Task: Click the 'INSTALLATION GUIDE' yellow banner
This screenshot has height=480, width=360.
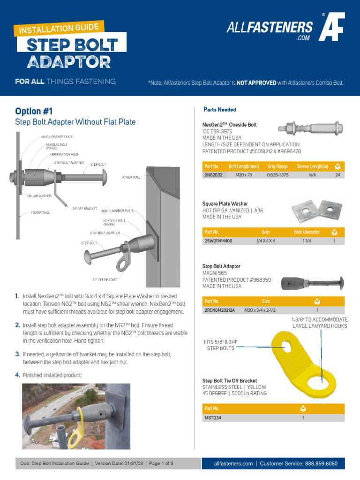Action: [x=58, y=29]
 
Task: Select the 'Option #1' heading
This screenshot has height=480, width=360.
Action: [x=34, y=111]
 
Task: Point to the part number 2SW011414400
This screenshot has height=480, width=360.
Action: [x=218, y=240]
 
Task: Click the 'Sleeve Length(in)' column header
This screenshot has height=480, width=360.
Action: [x=313, y=166]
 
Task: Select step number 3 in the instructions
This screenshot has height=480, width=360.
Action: [x=17, y=354]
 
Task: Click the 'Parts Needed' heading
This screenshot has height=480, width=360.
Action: [x=220, y=110]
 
